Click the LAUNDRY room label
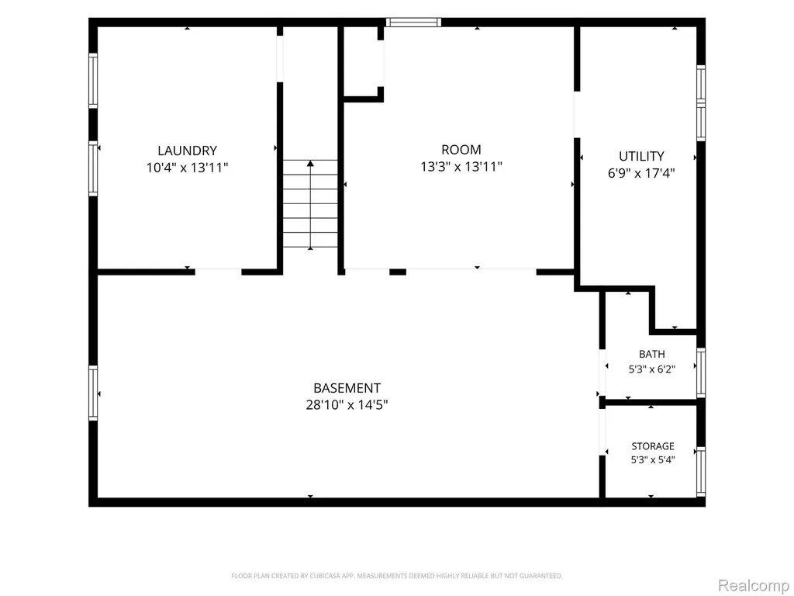point(188,151)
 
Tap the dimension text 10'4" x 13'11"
point(188,168)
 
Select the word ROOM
point(461,150)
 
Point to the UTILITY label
point(641,156)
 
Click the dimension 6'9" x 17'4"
point(641,173)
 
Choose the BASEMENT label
point(347,388)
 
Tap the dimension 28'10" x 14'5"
point(347,405)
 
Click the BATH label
point(651,354)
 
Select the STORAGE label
point(653,446)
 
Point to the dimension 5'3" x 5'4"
point(653,459)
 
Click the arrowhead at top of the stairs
point(310,163)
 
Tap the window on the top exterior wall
point(414,22)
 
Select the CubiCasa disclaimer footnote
point(396,576)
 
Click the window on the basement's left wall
point(93,393)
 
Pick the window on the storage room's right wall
point(701,471)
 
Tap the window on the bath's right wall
point(701,372)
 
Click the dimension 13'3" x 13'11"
point(461,166)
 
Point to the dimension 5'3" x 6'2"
point(651,369)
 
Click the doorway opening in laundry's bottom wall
point(218,272)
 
